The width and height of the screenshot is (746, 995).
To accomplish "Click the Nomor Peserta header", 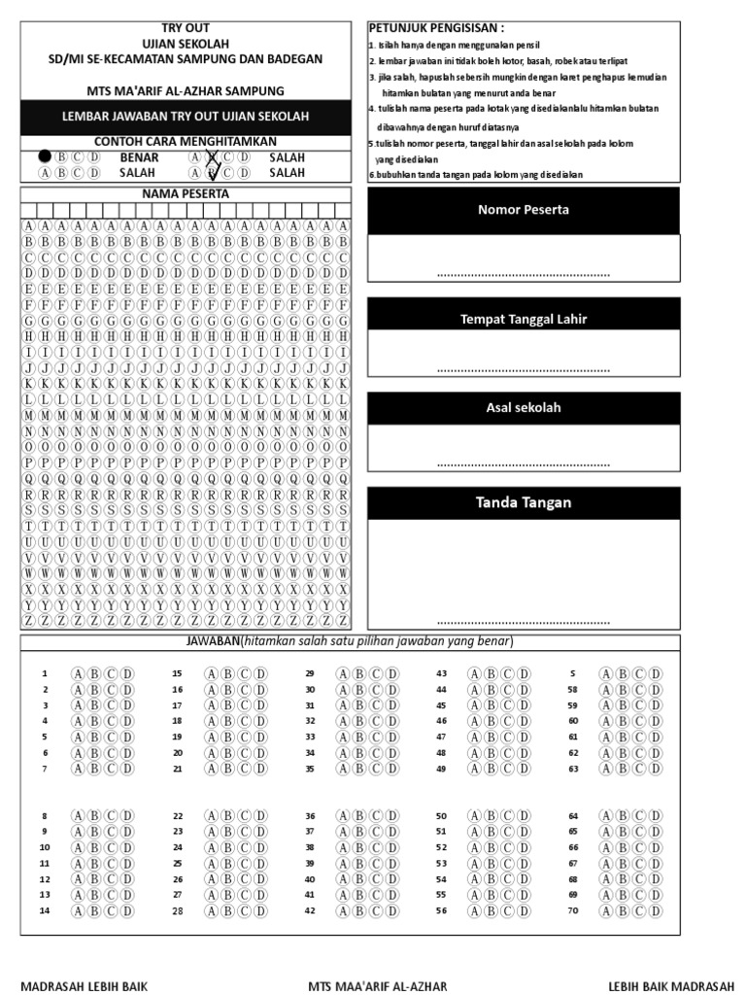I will [x=523, y=210].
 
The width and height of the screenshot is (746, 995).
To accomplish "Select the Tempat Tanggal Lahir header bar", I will [x=523, y=320].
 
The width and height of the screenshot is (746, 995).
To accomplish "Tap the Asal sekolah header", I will [x=523, y=408].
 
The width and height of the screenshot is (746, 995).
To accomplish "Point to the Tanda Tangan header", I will [x=523, y=502].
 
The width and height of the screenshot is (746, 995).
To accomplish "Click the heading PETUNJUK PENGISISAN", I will [x=436, y=28].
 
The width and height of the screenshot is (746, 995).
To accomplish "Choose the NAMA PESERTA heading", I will [x=186, y=193].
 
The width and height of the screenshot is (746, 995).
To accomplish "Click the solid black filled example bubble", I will [x=45, y=156].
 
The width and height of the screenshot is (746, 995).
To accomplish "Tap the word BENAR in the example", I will [x=139, y=156].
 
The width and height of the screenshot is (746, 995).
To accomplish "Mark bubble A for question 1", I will [x=78, y=673].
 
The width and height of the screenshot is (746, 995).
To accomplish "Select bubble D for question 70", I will [x=656, y=910].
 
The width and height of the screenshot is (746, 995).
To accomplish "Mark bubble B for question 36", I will [x=358, y=816].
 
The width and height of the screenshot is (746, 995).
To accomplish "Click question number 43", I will [x=441, y=673].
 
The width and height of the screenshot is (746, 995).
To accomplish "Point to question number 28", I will [x=177, y=910].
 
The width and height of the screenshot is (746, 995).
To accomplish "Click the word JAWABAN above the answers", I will [x=213, y=642].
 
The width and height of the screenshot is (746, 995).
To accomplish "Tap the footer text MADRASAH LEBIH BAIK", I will [x=84, y=985].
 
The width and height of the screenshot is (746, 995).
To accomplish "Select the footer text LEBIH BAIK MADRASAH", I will [x=671, y=985].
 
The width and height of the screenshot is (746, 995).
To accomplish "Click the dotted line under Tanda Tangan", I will [x=523, y=622].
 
